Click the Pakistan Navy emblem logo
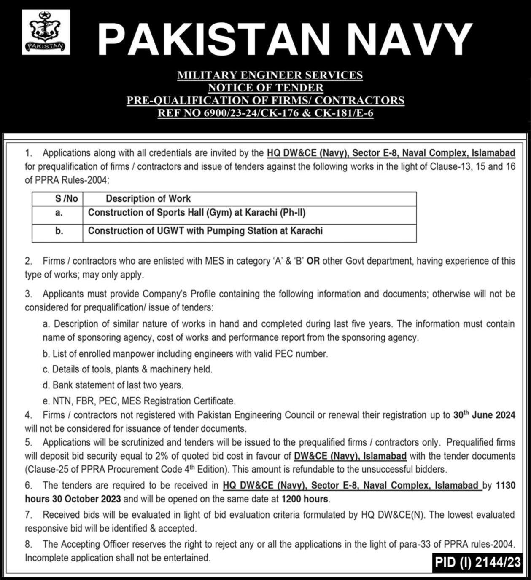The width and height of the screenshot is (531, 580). [x=46, y=32]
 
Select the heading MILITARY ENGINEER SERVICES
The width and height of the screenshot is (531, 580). [x=270, y=75]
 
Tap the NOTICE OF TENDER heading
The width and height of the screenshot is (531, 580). [x=265, y=88]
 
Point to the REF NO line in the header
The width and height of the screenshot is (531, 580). [x=265, y=113]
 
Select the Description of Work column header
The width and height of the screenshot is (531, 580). [x=148, y=199]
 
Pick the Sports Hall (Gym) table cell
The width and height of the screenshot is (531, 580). [x=197, y=213]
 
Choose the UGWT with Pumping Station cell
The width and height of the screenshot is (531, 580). [x=205, y=231]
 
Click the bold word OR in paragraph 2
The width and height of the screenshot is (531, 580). [x=313, y=261]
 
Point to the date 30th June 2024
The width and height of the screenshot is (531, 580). [x=484, y=415]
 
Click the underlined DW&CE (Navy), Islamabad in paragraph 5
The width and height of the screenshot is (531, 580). [x=350, y=456]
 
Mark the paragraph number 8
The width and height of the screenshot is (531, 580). [x=28, y=544]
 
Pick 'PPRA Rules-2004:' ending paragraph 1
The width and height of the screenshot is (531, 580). [x=72, y=180]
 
